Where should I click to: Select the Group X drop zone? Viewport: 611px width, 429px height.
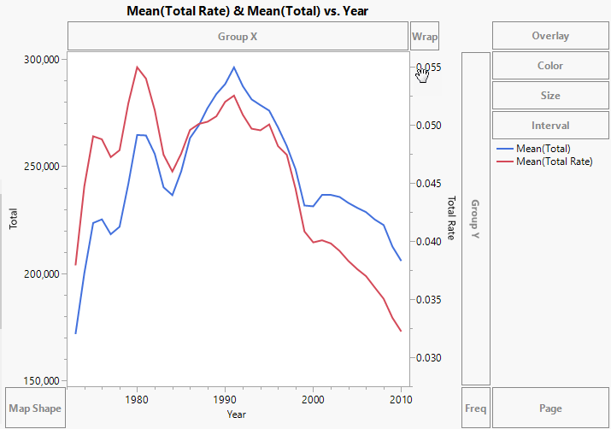coord(238,37)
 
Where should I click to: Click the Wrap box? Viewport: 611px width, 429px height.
coord(425,37)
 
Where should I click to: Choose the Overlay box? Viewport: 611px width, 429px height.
coord(550,36)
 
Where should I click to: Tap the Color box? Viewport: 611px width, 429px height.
coord(550,66)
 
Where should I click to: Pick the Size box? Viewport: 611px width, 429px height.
coord(550,96)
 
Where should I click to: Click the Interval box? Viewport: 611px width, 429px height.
coord(550,126)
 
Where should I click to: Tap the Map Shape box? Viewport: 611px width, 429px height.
coord(34,408)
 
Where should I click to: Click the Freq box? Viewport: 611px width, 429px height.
coord(475,408)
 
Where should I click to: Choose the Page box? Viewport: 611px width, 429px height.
coord(550,408)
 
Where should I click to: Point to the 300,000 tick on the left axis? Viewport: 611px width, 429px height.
coord(40,60)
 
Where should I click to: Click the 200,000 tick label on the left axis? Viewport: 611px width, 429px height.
coord(40,274)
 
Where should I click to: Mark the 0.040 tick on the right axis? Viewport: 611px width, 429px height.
coord(428,242)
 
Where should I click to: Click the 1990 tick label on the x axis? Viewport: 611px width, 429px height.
coord(225,399)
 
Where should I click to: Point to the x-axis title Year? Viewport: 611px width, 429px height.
coord(238,414)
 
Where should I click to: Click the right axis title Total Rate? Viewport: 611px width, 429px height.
coord(450,217)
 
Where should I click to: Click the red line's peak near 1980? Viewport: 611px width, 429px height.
coord(137,67)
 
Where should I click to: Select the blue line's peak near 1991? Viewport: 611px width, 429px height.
coord(233,67)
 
